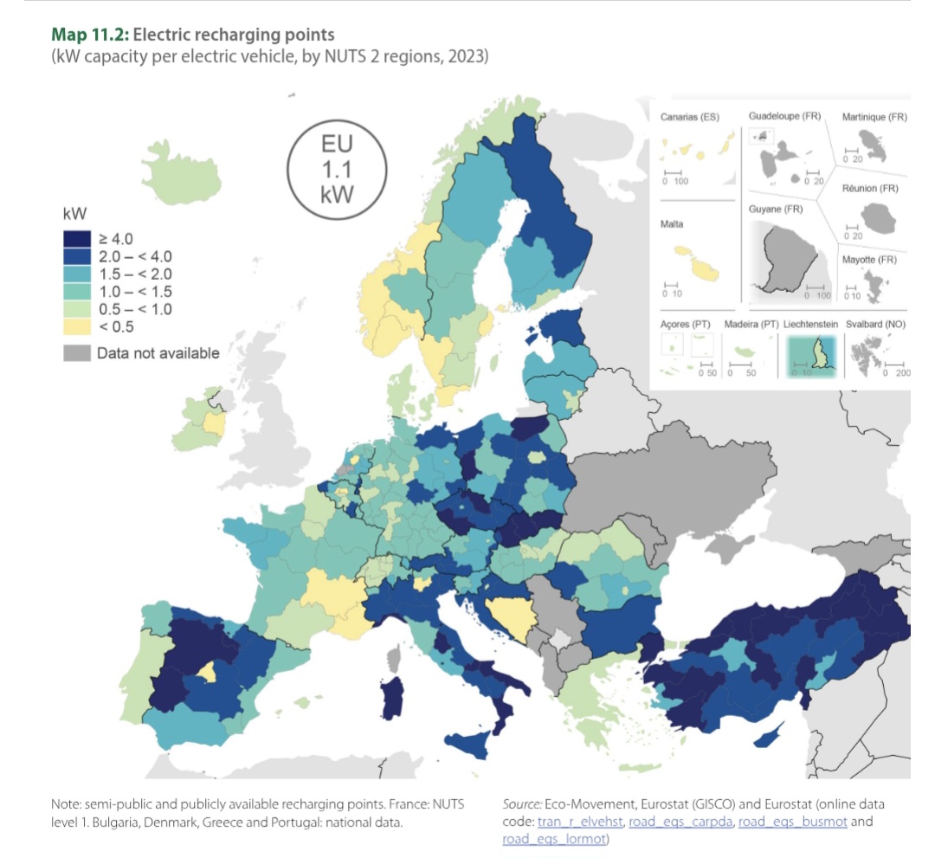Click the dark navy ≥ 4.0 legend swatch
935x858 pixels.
(x=74, y=238)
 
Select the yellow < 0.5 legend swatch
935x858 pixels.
(x=74, y=326)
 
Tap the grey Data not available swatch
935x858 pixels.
(x=74, y=352)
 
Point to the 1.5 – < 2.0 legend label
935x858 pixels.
(x=134, y=274)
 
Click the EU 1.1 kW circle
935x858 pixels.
(x=336, y=168)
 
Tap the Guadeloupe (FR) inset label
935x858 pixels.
(x=785, y=116)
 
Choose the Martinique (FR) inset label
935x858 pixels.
(x=874, y=117)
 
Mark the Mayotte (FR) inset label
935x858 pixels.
(x=869, y=260)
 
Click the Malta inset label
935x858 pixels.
(x=672, y=223)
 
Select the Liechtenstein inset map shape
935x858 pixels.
(x=820, y=356)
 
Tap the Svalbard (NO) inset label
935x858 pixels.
(x=878, y=324)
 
